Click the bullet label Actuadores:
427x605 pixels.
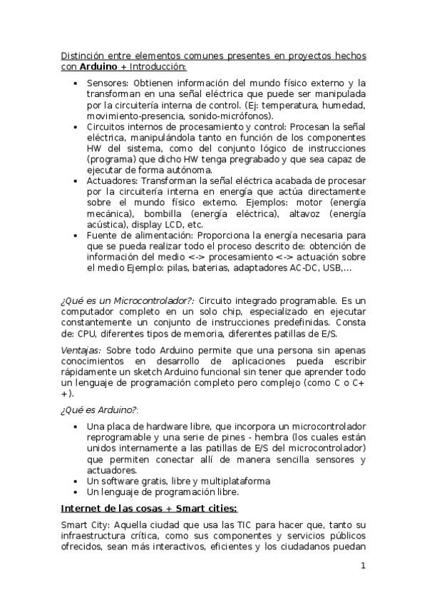pyautogui.click(x=113, y=181)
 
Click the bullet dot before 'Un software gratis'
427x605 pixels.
pyautogui.click(x=76, y=482)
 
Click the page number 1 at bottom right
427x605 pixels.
pyautogui.click(x=364, y=566)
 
